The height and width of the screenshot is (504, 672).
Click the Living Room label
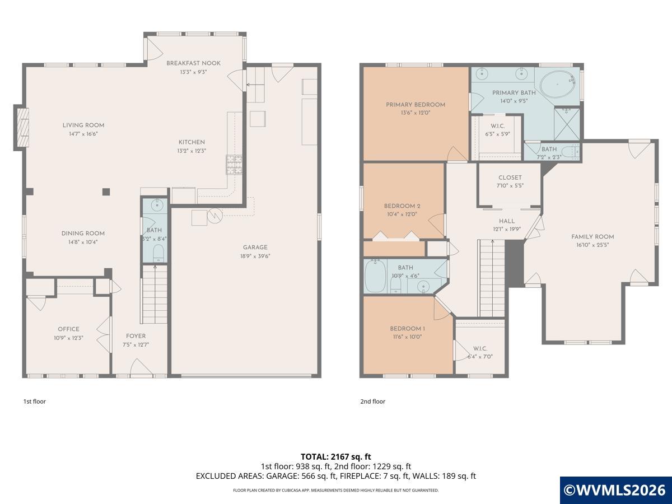pyautogui.click(x=83, y=125)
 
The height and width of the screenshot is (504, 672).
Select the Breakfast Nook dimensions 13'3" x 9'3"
pyautogui.click(x=193, y=72)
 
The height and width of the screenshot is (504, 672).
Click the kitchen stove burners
pyautogui.click(x=234, y=165)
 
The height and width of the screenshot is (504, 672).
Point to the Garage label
pyautogui.click(x=255, y=248)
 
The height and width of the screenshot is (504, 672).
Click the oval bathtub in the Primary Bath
pyautogui.click(x=558, y=84)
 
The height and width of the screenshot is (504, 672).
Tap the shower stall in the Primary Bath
pyautogui.click(x=567, y=124)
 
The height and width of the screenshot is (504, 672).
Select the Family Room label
pyautogui.click(x=592, y=236)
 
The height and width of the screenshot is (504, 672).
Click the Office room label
pyautogui.click(x=68, y=329)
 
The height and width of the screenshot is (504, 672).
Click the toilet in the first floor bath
pyautogui.click(x=158, y=253)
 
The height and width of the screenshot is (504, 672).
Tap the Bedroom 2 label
pyautogui.click(x=402, y=206)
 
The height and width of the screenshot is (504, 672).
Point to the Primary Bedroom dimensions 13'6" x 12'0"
pyautogui.click(x=416, y=113)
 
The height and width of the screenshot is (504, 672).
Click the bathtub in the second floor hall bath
pyautogui.click(x=375, y=276)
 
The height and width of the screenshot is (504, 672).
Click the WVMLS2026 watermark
pyautogui.click(x=615, y=490)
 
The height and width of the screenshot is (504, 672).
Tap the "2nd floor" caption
pyautogui.click(x=372, y=401)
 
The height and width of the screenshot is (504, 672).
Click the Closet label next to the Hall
pyautogui.click(x=510, y=178)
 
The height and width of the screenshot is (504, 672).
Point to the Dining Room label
pyautogui.click(x=83, y=233)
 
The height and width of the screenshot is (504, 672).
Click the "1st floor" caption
pyautogui.click(x=35, y=401)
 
